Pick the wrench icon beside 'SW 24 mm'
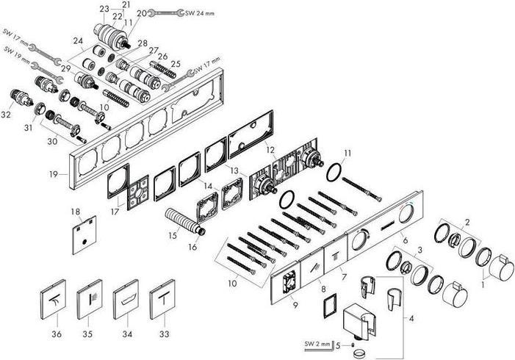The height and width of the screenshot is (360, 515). pyautogui.click(x=170, y=12)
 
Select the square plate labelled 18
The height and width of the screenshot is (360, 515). pyautogui.click(x=85, y=235)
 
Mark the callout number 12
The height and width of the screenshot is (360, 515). pyautogui.click(x=270, y=150)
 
